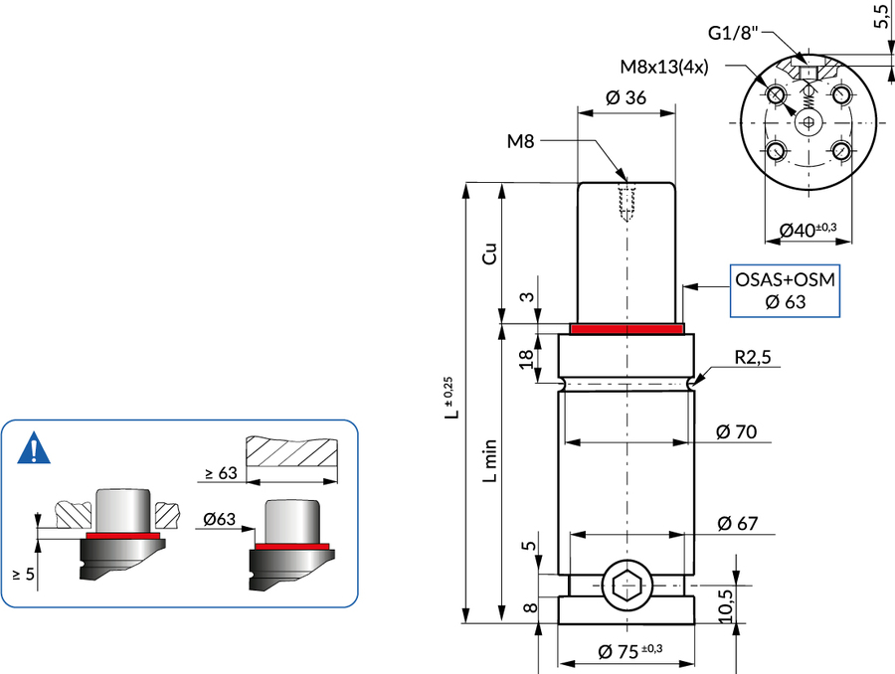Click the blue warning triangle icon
pyautogui.click(x=36, y=449)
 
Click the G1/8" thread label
pyautogui.click(x=734, y=34)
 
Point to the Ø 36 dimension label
pyautogui.click(x=626, y=97)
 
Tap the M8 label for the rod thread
pyautogui.click(x=521, y=142)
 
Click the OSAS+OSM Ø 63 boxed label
pyautogui.click(x=785, y=290)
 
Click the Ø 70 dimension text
pyautogui.click(x=738, y=431)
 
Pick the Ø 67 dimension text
pyautogui.click(x=738, y=522)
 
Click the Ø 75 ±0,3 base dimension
pyautogui.click(x=630, y=651)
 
